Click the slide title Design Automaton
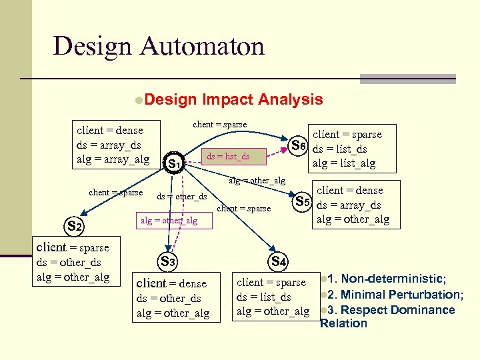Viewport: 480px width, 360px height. coord(159,46)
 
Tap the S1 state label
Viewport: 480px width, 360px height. coord(175,163)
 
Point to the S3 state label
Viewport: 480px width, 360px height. coord(167,262)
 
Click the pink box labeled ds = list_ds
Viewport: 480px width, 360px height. coord(228,157)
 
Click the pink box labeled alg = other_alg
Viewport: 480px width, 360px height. coord(168,221)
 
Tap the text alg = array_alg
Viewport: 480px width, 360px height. coord(113,159)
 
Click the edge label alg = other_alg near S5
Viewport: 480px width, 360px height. coord(257,181)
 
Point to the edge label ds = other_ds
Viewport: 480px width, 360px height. coord(181,196)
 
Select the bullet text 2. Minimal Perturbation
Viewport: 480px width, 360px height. coord(394,294)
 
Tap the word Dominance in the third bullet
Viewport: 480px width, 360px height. coord(425,309)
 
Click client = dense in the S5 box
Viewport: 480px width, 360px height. coord(349,191)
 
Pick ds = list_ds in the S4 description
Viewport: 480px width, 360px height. coord(263,297)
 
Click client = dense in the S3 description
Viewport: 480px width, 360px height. coord(171,283)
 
